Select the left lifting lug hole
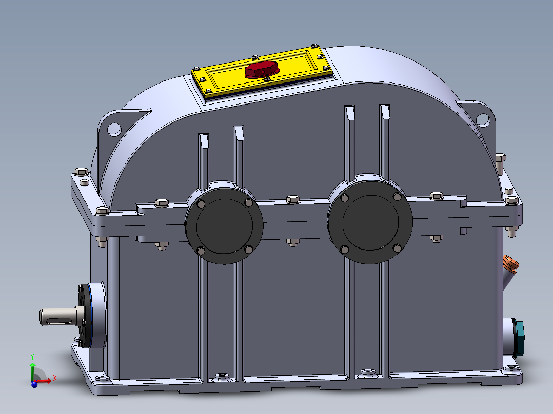(x=114, y=129)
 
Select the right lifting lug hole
(x=482, y=119)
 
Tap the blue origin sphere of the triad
(x=34, y=383)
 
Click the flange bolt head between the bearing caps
(x=292, y=199)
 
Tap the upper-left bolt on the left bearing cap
(x=201, y=203)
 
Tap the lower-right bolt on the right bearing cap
(x=397, y=248)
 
